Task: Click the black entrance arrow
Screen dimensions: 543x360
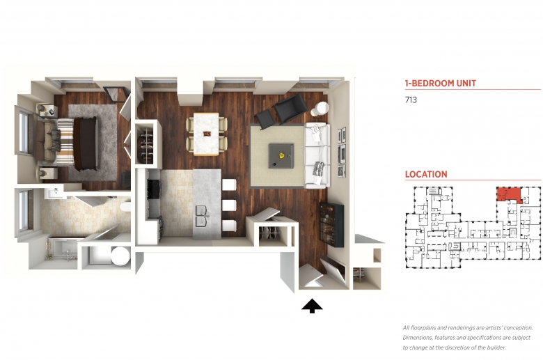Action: [x=312, y=306]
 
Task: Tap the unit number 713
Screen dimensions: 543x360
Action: [x=411, y=100]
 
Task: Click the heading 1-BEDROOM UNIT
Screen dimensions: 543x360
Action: [x=440, y=83]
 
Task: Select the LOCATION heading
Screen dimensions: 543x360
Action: [x=426, y=174]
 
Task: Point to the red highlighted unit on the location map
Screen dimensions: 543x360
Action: [x=507, y=194]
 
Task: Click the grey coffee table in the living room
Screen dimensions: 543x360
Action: [x=281, y=155]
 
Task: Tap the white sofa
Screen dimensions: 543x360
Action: [x=317, y=155]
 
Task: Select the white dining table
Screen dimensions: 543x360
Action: [x=206, y=134]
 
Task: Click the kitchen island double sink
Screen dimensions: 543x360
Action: [x=202, y=216]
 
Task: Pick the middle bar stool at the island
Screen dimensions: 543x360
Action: [x=229, y=205]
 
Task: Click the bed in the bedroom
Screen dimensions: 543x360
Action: [x=67, y=143]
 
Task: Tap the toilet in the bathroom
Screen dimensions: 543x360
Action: [x=125, y=207]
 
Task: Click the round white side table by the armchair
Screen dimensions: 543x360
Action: [x=320, y=109]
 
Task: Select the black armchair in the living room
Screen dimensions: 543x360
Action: [x=290, y=107]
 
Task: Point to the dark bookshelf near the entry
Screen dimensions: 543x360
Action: [x=331, y=224]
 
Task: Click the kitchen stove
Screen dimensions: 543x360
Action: [x=154, y=189]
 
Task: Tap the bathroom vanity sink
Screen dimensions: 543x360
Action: [x=54, y=193]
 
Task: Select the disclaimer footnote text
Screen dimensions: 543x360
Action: [x=468, y=338]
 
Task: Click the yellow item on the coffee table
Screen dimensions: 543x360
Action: [x=282, y=155]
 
